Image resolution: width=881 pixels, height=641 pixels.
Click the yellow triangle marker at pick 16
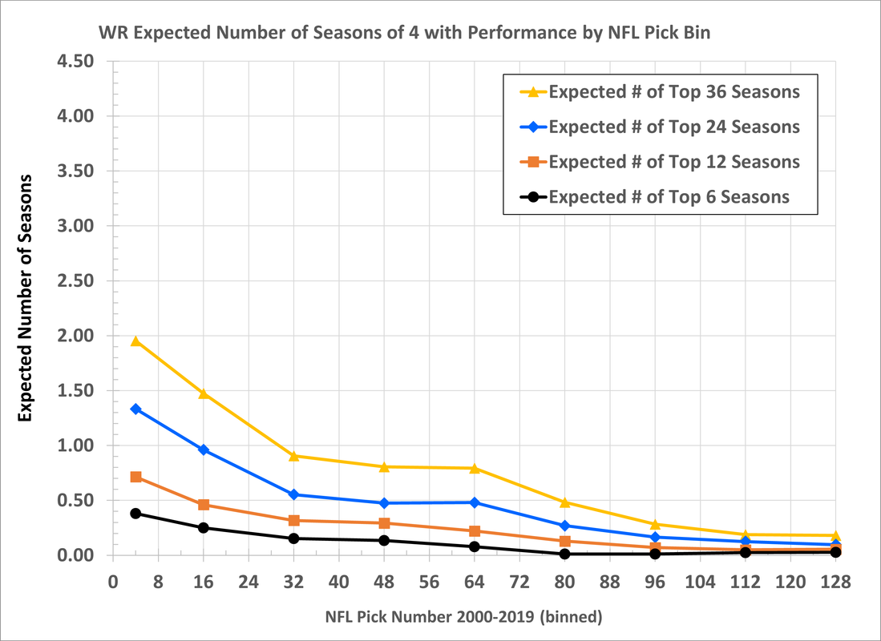coord(204,393)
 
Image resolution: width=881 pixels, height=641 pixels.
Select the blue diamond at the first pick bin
coord(135,409)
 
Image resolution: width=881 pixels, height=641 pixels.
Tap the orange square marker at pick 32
coord(294,521)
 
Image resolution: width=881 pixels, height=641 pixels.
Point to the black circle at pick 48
coord(384,540)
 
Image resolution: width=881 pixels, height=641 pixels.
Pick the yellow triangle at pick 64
coord(475,468)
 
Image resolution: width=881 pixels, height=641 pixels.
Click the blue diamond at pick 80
coord(564,526)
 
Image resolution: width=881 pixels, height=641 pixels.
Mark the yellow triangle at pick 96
coord(655,523)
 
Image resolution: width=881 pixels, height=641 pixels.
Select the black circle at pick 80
coord(564,554)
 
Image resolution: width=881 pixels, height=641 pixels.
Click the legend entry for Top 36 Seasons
coord(661,91)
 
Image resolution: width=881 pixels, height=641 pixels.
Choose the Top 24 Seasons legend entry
coord(661,127)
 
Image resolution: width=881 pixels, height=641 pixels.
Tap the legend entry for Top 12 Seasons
coord(661,162)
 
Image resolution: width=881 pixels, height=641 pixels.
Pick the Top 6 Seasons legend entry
coord(655,196)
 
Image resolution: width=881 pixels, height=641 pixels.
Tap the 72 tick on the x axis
coord(519,582)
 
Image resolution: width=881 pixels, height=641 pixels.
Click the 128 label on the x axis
coord(835,582)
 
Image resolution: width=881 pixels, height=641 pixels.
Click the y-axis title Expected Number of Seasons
coord(24,299)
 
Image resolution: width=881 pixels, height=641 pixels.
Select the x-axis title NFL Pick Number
coord(463,618)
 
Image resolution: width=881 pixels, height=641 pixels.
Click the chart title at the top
coord(405,33)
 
